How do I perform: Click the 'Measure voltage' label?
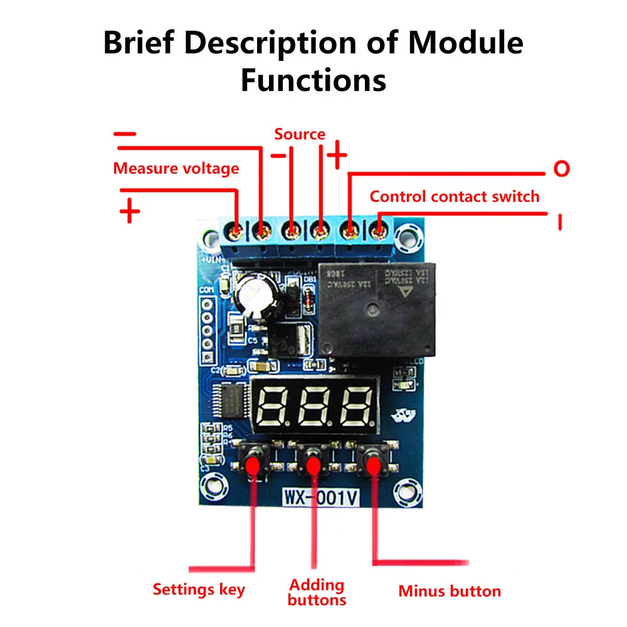click(x=176, y=168)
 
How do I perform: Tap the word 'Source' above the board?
click(x=300, y=134)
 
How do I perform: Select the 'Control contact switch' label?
click(x=454, y=196)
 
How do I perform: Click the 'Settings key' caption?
click(x=199, y=589)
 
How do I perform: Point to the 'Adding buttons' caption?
click(x=317, y=593)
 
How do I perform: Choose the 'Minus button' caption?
click(x=450, y=591)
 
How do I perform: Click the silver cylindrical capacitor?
click(x=255, y=292)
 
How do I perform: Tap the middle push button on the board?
click(x=313, y=465)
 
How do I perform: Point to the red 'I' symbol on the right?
click(x=560, y=221)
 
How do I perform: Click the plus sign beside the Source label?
click(x=337, y=155)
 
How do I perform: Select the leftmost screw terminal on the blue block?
click(x=237, y=233)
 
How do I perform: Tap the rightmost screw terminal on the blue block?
click(x=377, y=233)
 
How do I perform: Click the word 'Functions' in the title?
click(x=313, y=80)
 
